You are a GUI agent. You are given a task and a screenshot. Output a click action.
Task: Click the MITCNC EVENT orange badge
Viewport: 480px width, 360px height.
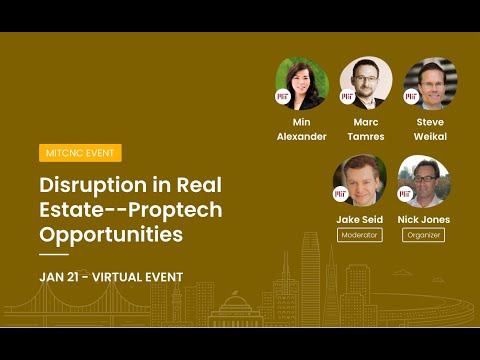coord(81,153)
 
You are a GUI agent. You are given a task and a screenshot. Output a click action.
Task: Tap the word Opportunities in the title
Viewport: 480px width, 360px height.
coord(111,235)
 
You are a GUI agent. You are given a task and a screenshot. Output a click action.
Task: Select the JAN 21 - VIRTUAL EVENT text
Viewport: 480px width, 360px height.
coord(111,276)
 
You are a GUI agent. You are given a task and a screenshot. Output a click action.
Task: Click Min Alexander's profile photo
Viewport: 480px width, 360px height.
coord(301,82)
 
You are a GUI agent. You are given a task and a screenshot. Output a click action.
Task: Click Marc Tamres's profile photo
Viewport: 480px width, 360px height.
coord(366,82)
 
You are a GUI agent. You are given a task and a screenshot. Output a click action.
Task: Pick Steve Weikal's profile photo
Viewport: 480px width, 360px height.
coord(430,82)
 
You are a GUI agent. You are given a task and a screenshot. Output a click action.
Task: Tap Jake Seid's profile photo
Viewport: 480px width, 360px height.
coord(359,181)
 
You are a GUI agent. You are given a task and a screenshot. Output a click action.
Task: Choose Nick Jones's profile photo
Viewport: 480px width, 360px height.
coord(424,181)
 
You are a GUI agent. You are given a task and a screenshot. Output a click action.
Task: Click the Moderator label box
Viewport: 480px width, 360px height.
coord(359,235)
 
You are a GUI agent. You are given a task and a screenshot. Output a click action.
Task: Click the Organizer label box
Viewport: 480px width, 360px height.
coord(424,235)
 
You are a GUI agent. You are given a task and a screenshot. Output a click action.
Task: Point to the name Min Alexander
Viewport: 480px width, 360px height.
coord(301,129)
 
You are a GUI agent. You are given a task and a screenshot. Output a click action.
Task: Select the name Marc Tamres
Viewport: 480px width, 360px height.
coord(366,129)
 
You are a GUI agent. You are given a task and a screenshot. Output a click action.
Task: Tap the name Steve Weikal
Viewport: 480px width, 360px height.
coord(430,129)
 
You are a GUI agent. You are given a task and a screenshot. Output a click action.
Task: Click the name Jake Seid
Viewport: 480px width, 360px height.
coord(359,218)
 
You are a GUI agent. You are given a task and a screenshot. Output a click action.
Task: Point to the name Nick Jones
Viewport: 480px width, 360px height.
coord(424,218)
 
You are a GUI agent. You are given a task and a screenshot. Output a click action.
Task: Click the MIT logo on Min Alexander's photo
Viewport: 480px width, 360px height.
coord(283,97)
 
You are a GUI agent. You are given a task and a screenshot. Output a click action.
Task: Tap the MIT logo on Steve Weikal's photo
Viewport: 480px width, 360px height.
coord(412,97)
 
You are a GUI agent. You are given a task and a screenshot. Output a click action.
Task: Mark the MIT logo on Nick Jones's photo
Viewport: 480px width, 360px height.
coord(406,194)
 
